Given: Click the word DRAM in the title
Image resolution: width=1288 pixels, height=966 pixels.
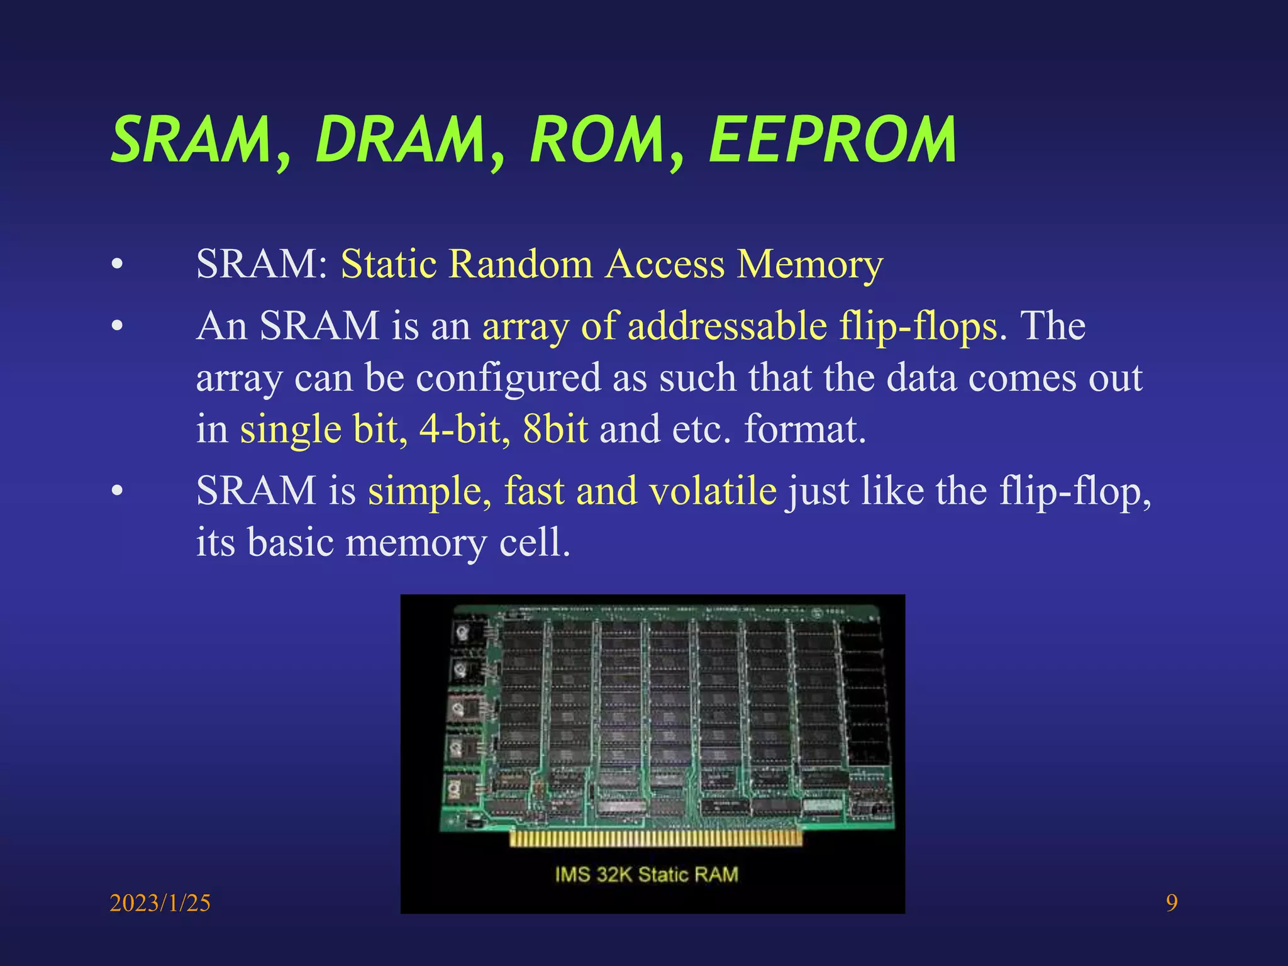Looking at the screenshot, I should (400, 140).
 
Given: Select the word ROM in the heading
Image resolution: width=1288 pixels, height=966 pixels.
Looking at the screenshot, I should (597, 140).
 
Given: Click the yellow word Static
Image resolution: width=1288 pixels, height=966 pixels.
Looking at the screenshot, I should (389, 264).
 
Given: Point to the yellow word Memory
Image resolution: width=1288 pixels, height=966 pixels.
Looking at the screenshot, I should (810, 265).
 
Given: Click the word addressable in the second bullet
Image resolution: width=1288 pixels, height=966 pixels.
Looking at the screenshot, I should (727, 326).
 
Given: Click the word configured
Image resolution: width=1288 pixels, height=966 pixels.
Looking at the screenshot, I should (509, 379).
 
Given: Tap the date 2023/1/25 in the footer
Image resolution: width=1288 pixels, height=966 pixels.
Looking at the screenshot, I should (160, 903).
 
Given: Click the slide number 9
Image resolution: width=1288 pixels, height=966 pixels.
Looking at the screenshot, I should (1172, 903).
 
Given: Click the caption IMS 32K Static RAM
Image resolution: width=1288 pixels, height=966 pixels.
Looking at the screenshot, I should (646, 875).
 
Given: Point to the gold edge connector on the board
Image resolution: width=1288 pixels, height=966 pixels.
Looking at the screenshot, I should (655, 838).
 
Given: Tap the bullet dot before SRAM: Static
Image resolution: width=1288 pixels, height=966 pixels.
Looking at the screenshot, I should (117, 265).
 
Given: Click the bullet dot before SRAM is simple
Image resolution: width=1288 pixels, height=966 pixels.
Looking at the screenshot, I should (117, 492).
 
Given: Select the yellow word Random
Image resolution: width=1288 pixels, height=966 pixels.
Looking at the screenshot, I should (521, 264).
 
